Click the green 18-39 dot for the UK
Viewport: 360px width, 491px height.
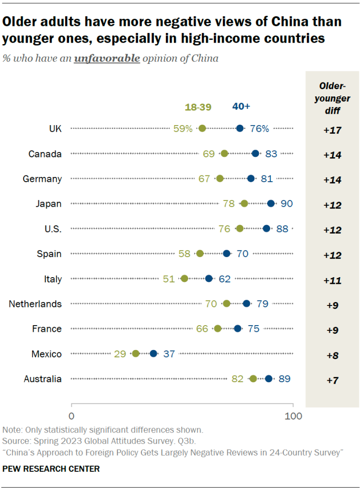(202, 128)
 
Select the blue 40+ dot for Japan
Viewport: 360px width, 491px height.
(271, 203)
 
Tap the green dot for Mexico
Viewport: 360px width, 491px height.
(136, 353)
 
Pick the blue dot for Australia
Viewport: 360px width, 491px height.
(268, 379)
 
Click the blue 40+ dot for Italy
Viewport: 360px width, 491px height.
(209, 279)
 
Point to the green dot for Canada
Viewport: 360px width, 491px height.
(224, 153)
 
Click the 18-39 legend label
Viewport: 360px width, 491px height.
(198, 107)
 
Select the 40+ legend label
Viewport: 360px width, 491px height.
(241, 106)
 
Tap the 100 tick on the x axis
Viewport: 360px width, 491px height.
(293, 416)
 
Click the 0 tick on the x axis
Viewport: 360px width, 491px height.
(71, 416)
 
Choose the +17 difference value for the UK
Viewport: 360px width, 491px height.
(332, 130)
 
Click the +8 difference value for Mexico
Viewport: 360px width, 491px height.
(332, 355)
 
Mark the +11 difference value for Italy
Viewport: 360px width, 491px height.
(332, 281)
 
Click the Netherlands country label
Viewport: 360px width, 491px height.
(35, 304)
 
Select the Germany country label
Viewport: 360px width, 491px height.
(42, 179)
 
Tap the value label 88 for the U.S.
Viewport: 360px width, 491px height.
(282, 229)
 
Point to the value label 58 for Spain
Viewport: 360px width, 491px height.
(185, 254)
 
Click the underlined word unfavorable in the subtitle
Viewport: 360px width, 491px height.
(107, 59)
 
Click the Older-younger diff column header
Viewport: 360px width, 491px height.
(332, 97)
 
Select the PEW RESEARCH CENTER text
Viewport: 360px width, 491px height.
(51, 468)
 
